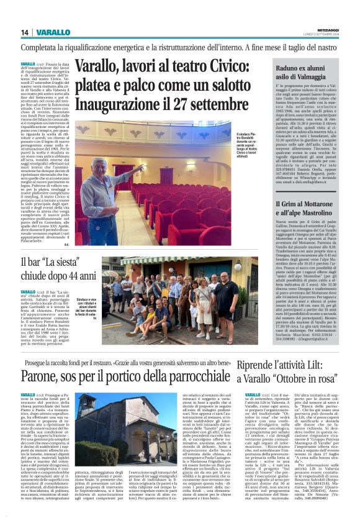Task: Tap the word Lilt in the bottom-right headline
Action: pyautogui.click(x=325, y=363)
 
